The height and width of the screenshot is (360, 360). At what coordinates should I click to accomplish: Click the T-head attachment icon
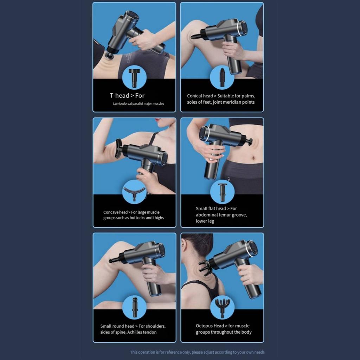(x=134, y=78)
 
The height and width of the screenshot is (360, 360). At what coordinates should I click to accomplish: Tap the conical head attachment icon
(x=222, y=78)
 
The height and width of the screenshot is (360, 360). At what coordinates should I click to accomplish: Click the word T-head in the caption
(x=119, y=96)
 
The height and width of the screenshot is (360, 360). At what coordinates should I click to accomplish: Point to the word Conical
(x=195, y=96)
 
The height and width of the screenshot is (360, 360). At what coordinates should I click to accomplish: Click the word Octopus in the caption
(x=205, y=326)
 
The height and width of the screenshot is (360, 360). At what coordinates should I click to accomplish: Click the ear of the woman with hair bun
(x=185, y=246)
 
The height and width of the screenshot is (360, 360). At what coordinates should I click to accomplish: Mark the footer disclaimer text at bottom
(x=197, y=352)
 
